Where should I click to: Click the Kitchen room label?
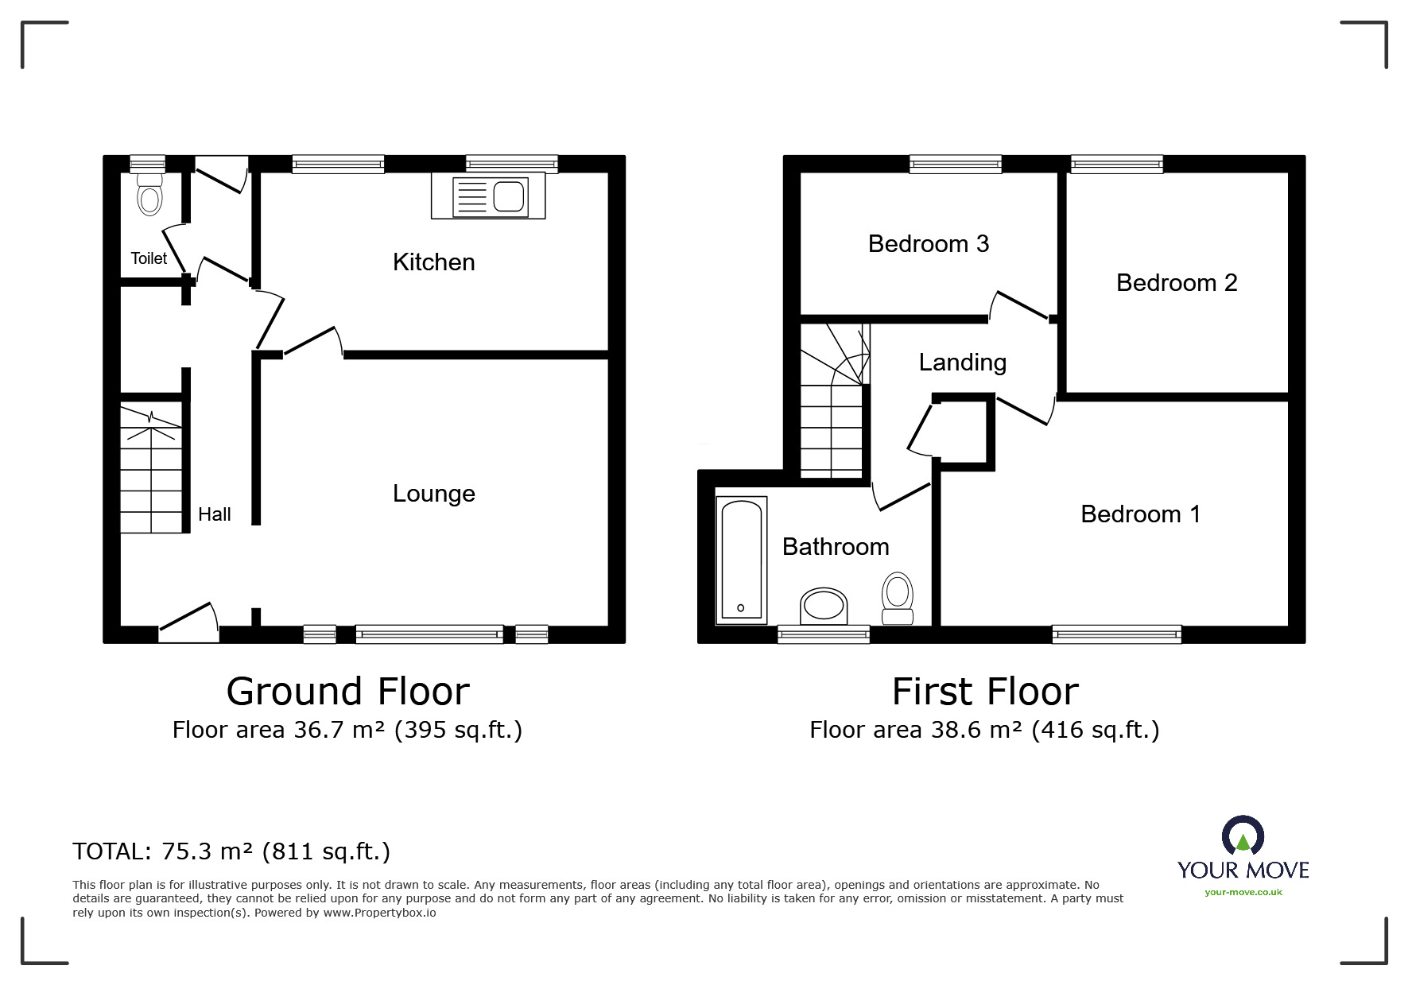(433, 262)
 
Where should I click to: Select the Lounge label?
(433, 494)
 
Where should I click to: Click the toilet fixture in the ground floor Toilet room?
(149, 193)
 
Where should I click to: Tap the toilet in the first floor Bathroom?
(898, 599)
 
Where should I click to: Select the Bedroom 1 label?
(1140, 514)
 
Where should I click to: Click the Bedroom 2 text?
(1177, 283)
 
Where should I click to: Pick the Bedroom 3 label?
(929, 243)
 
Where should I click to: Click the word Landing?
(962, 363)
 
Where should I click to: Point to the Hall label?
(214, 514)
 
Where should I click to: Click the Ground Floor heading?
(348, 691)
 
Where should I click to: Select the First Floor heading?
(985, 691)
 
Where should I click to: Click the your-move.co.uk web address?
(1243, 892)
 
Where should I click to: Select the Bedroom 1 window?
(1116, 634)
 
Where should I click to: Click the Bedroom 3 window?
(956, 165)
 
